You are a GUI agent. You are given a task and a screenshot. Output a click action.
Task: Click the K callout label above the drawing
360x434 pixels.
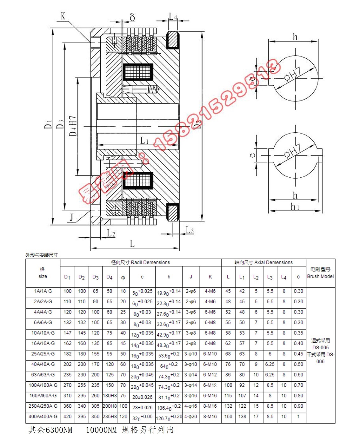(63, 16)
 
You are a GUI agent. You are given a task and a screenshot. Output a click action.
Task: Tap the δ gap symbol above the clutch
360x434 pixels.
(132, 17)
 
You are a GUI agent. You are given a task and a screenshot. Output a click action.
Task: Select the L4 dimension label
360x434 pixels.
(173, 16)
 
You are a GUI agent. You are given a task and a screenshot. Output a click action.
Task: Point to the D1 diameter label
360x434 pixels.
(48, 124)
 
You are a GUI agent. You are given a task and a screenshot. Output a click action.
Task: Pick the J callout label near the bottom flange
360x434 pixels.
(72, 217)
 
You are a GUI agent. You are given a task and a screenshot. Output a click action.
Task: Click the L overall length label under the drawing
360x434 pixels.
(132, 244)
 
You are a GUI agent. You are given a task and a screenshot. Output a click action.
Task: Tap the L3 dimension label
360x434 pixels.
(190, 230)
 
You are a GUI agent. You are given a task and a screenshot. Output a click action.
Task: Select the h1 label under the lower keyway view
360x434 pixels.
(295, 207)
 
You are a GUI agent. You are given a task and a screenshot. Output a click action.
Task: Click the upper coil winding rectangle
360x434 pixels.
(138, 73)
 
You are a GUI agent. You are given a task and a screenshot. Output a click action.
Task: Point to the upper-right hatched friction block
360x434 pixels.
(173, 40)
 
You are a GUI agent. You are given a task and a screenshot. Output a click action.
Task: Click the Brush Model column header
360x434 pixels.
(320, 273)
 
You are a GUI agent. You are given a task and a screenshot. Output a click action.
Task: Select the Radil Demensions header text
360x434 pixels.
(140, 262)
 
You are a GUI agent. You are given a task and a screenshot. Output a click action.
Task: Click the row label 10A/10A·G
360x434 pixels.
(43, 333)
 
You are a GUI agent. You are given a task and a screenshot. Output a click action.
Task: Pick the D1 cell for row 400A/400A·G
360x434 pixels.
(67, 416)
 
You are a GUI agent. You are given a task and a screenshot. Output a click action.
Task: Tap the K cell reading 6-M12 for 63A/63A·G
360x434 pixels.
(210, 375)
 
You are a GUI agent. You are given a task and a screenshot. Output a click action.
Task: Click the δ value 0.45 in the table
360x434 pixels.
(298, 354)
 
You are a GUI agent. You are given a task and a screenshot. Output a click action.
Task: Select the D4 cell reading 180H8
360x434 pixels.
(110, 396)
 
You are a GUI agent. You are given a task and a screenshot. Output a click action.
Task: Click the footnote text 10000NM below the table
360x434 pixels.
(101, 430)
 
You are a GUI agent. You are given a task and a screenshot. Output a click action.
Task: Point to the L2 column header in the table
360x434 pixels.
(256, 277)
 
